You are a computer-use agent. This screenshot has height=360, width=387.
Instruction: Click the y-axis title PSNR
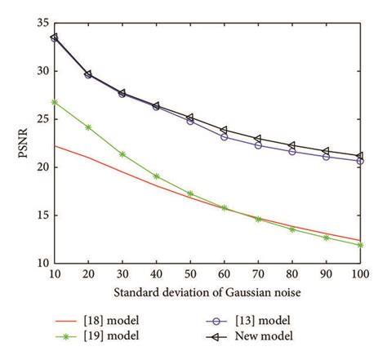[x=21, y=144]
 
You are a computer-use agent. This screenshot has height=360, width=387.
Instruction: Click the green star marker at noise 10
[x=54, y=102]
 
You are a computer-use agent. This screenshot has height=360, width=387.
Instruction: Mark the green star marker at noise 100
[x=360, y=245]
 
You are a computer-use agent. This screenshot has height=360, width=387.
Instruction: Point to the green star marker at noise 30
[x=122, y=153]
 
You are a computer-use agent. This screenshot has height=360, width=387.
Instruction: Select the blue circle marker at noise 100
[x=360, y=161]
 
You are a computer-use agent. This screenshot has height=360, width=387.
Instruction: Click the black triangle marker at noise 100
[x=360, y=156]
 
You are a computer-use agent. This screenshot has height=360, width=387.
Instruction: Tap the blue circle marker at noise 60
[x=224, y=136]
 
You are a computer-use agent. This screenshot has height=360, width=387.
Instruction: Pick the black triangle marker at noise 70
[x=258, y=139]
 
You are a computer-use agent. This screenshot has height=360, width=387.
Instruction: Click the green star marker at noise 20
[x=88, y=127]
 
